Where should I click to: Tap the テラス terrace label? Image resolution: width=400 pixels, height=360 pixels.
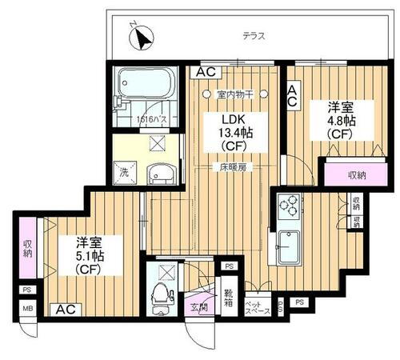click(254, 37)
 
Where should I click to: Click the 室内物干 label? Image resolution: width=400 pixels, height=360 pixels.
click(238, 95)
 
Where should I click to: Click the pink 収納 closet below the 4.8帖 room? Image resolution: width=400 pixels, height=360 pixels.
click(356, 175)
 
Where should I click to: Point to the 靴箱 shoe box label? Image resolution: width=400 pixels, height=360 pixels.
click(229, 298)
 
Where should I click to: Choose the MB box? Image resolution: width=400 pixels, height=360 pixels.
click(28, 308)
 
